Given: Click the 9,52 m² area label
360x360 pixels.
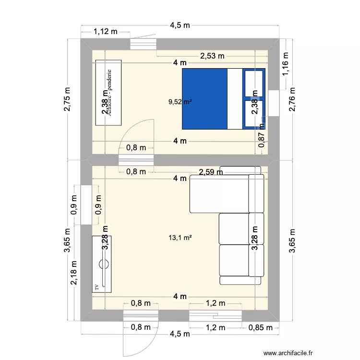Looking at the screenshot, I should click(180, 102).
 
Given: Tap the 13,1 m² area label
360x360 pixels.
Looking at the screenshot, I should click(180, 237).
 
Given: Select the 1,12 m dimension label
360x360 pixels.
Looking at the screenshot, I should click(106, 32).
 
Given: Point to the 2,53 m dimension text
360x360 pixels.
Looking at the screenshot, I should click(212, 56).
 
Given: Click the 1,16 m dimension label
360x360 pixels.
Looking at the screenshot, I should click(285, 64).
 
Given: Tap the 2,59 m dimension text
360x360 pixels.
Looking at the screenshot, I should click(211, 171).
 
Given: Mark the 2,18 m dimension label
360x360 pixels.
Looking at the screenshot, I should click(74, 272).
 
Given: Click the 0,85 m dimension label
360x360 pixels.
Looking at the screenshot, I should click(261, 327).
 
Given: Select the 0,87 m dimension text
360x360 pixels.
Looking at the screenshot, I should click(261, 136).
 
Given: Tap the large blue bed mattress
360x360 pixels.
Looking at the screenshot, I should click(204, 99).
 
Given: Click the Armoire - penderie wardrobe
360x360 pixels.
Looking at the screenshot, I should click(109, 93).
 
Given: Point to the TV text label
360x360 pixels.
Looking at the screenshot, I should click(96, 287).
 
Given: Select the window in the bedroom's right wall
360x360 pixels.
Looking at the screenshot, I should click(274, 103).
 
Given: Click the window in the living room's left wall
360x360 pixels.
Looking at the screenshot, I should click(86, 205).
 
